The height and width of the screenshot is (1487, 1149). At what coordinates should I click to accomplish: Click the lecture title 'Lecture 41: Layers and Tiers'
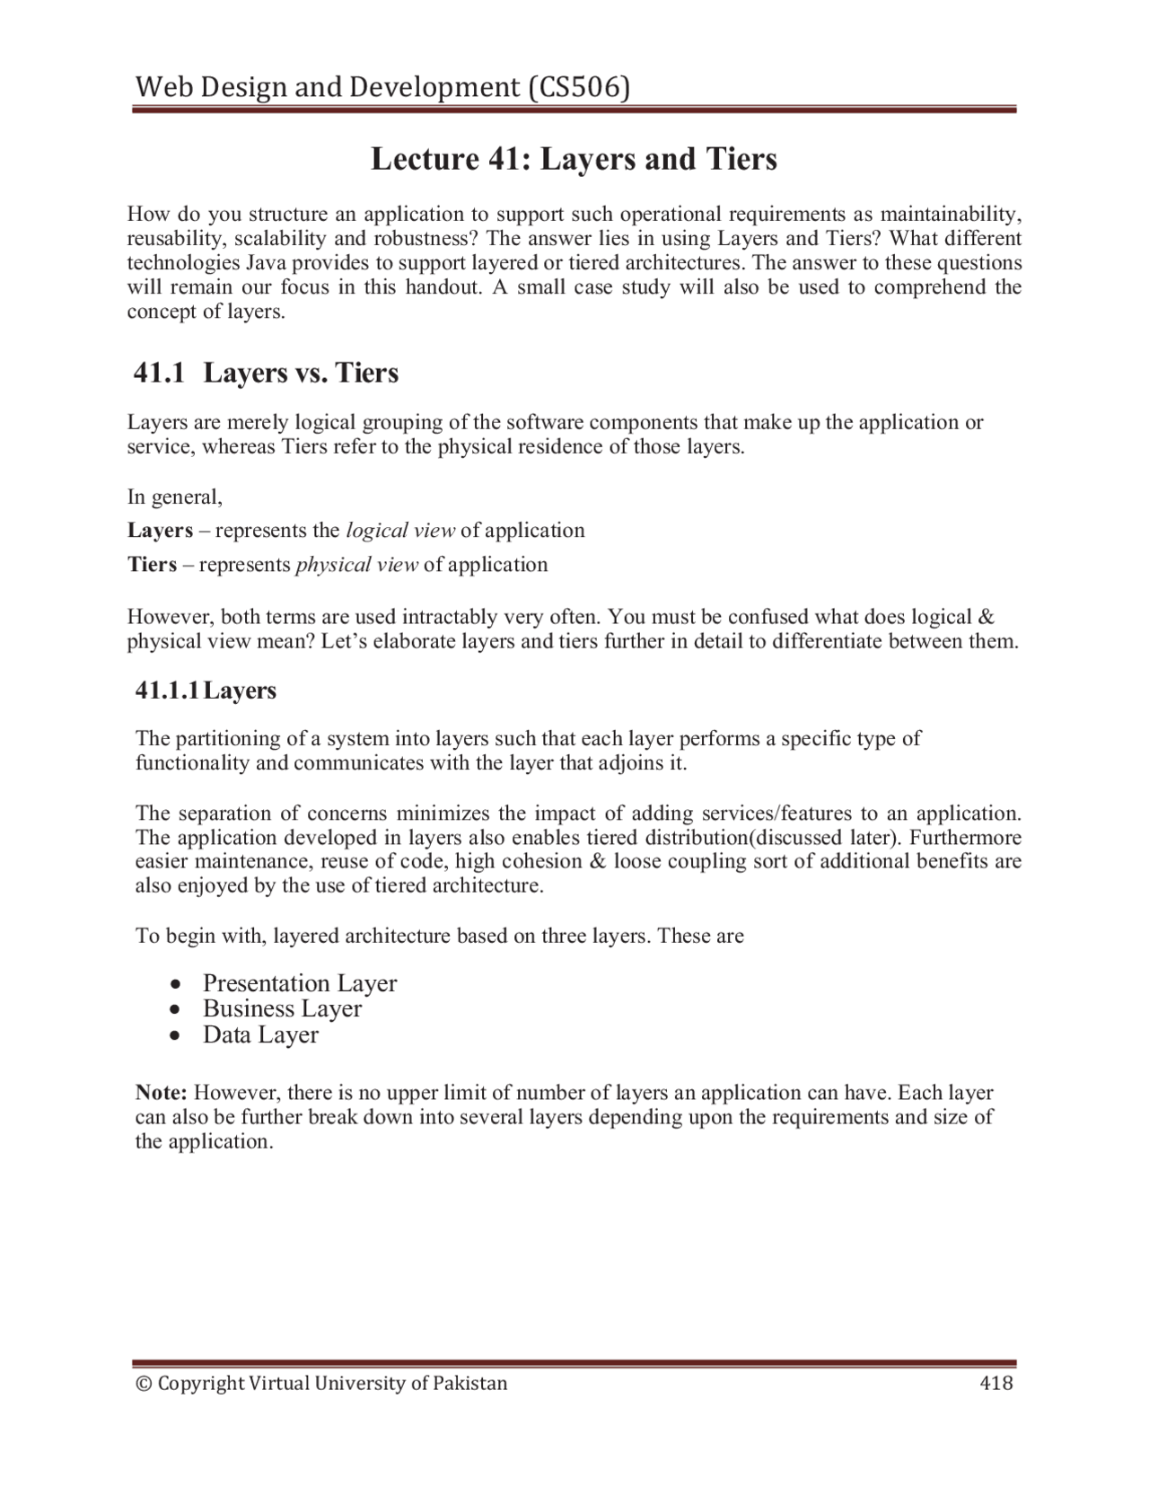coord(574,159)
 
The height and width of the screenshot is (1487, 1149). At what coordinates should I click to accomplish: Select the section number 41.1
coord(159,373)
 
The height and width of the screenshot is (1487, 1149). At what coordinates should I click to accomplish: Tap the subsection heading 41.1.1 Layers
coord(206,691)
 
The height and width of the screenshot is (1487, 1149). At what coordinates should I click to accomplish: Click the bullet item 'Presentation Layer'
coord(300,983)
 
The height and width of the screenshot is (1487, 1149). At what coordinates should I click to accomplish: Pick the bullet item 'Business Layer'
coord(282,1008)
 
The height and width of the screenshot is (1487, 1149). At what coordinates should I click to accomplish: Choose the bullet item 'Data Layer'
coord(260,1034)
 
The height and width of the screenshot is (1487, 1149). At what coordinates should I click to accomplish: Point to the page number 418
coord(996,1383)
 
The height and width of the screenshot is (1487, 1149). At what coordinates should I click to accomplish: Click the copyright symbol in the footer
coord(143,1383)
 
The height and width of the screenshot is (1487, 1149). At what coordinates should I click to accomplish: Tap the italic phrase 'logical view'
coord(400,530)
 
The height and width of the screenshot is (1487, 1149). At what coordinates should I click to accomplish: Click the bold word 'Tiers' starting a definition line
coord(152,565)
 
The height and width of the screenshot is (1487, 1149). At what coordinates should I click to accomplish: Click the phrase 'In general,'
coord(174,497)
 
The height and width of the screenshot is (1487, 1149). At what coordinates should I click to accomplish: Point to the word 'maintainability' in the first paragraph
coord(950,214)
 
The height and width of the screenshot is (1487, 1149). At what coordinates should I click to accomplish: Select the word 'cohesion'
coord(528,862)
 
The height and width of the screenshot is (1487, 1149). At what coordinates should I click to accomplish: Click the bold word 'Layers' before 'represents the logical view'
coord(160,530)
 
